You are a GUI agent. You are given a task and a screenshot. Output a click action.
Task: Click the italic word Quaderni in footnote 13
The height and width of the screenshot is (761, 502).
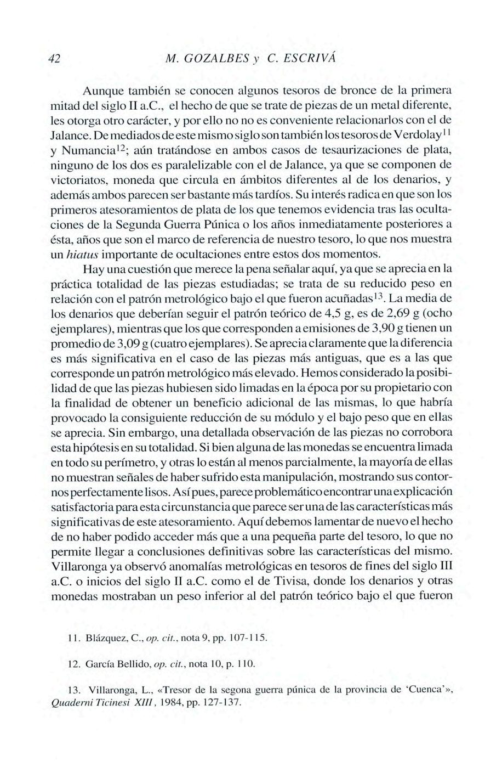(x=70, y=702)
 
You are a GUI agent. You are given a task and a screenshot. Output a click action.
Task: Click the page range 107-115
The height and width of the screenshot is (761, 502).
(x=246, y=638)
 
